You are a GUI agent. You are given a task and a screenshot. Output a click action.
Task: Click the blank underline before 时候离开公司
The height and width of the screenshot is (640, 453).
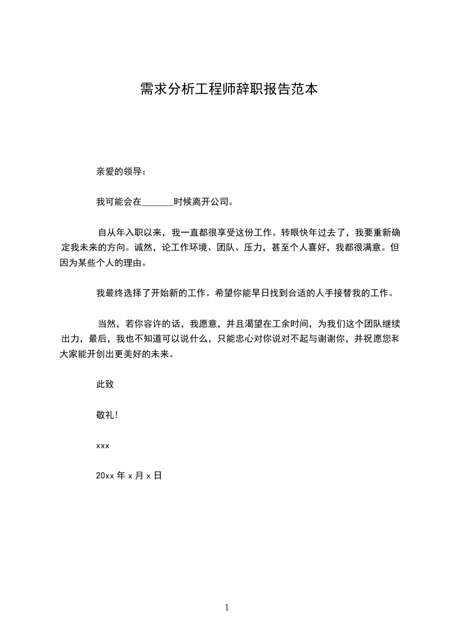coord(157,201)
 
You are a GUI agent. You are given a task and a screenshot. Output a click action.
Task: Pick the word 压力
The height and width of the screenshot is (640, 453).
coord(254,248)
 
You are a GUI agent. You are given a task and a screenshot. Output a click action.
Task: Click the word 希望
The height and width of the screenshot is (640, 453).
coord(225,294)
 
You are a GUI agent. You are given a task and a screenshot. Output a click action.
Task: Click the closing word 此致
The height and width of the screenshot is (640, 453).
coord(105,384)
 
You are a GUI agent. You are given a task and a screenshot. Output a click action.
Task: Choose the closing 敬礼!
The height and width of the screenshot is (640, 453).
coord(107,415)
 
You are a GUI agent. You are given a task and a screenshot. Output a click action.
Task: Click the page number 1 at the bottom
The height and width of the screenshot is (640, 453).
coord(227,607)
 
